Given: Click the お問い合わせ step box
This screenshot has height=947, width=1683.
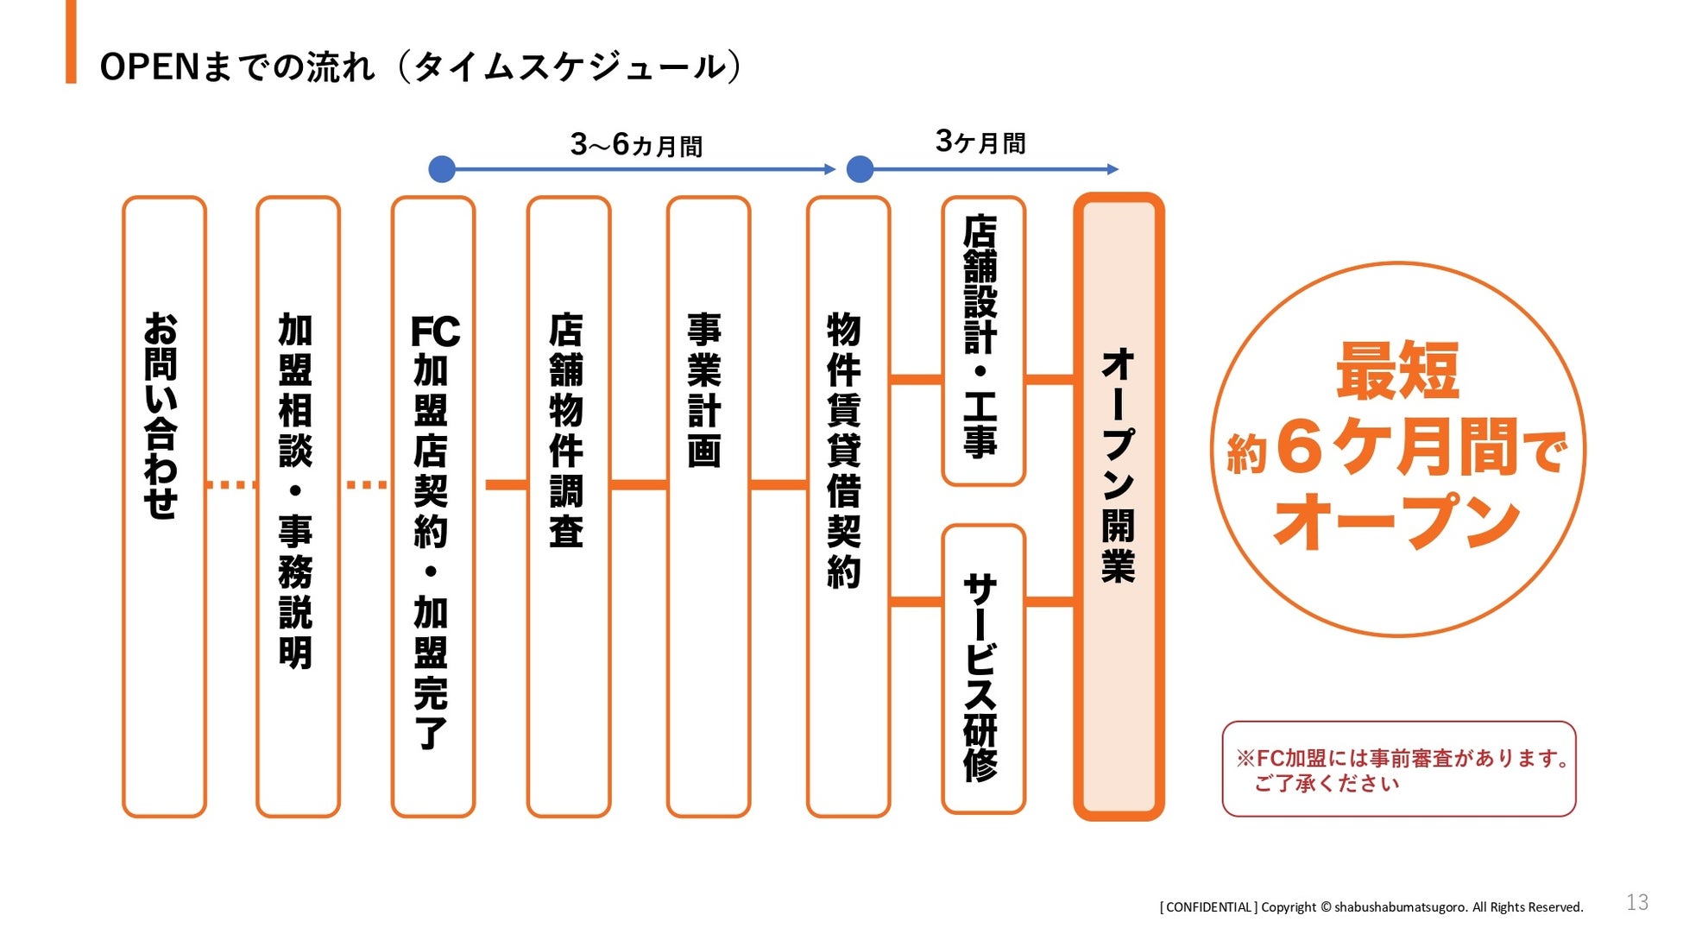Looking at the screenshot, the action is (164, 506).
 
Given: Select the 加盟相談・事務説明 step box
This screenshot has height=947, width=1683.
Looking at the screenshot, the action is (298, 506).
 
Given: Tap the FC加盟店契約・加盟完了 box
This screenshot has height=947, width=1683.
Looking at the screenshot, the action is (433, 506).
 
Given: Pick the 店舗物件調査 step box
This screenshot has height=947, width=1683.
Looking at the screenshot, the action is (568, 506).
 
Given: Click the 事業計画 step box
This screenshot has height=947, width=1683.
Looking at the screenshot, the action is (708, 506).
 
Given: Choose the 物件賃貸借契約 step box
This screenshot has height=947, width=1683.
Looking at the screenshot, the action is (848, 506).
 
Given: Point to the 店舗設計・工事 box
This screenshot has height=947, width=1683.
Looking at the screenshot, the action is (983, 340).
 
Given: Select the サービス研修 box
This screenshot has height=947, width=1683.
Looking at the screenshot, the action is (983, 668).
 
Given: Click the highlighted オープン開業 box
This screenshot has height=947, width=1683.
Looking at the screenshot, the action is (1119, 506).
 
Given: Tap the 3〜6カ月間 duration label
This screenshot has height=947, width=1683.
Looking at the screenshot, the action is (636, 145).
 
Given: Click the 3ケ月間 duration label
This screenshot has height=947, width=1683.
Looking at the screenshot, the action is (980, 142).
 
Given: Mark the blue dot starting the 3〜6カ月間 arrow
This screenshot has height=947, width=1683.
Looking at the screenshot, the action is (442, 169).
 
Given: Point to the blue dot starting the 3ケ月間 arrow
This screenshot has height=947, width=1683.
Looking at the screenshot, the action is (860, 169).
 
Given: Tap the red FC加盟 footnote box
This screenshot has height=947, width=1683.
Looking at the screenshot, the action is (1398, 768).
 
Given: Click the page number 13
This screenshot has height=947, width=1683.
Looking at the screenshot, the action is (1636, 902).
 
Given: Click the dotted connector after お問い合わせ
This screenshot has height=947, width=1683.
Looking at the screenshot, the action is (231, 485).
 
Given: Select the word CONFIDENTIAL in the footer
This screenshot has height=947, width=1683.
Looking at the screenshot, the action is (1208, 907).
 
